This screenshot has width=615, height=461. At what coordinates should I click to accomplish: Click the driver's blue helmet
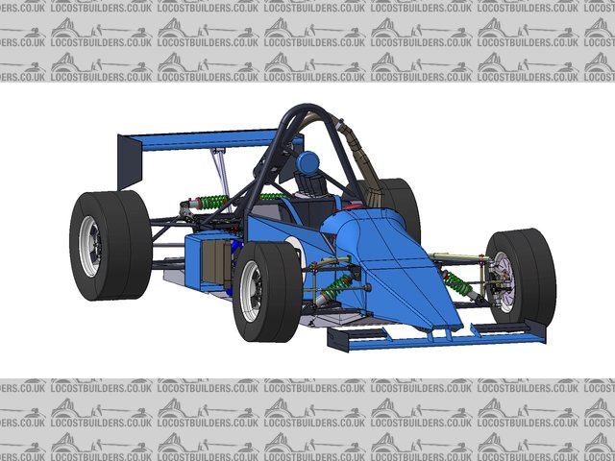307,162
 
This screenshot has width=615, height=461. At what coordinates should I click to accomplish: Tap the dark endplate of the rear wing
130,162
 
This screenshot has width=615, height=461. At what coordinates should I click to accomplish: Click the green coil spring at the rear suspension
213,202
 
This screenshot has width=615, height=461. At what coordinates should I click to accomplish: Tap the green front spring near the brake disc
458,283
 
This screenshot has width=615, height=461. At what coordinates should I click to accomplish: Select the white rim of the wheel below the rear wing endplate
90,247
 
